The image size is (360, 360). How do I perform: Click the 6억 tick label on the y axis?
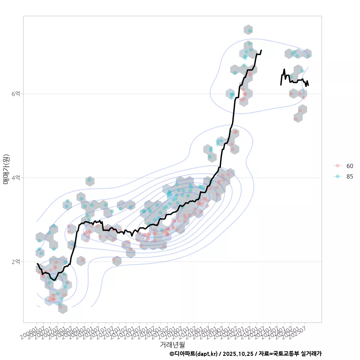tap(15, 94)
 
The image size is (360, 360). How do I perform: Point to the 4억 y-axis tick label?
tap(15, 177)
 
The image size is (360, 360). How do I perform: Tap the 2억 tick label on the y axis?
tap(15, 261)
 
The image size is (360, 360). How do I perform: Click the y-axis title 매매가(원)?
tap(6, 169)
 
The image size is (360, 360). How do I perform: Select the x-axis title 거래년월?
tap(172, 344)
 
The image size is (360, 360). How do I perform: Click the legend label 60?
tap(349, 166)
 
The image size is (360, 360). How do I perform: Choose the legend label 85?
tap(349, 177)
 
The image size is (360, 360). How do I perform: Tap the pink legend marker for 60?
tap(337, 166)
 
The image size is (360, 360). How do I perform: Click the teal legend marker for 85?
tap(337, 177)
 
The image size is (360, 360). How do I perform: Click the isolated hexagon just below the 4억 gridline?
tap(89, 181)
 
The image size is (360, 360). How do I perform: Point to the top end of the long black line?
tap(261, 50)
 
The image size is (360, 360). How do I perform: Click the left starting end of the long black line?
tap(37, 264)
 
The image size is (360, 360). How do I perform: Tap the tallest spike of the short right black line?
tap(284, 69)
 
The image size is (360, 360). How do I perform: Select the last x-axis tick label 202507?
tap(298, 330)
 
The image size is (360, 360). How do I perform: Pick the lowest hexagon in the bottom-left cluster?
tap(63, 309)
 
